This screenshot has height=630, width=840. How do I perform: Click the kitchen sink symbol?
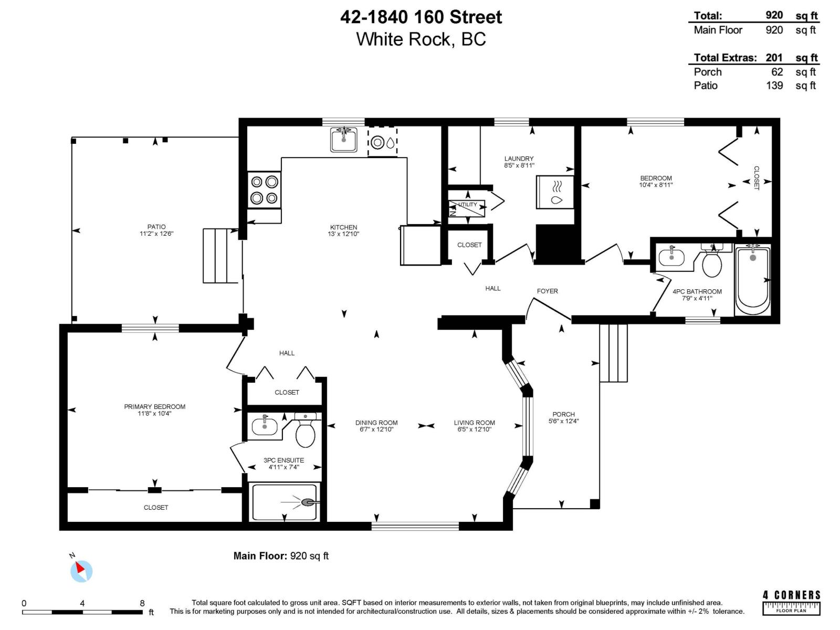point(344,140)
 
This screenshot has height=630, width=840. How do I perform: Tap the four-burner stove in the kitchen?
point(264,190)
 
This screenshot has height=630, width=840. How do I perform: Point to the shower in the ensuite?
point(284,502)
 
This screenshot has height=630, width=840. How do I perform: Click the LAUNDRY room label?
point(519,159)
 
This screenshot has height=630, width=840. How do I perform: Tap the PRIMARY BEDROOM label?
point(154,406)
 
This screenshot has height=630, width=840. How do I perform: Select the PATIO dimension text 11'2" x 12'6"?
point(156,234)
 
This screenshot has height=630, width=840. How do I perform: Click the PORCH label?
point(563,414)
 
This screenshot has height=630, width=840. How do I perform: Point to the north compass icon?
point(81,570)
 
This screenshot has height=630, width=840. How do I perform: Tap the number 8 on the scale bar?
point(142,603)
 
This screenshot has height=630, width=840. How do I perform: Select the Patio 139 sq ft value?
point(774,86)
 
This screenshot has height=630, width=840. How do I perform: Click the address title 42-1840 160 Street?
point(421,17)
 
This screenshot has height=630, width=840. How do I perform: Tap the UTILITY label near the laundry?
point(467,205)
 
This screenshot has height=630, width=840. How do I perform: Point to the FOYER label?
point(547,291)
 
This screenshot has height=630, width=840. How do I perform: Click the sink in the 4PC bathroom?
point(671,257)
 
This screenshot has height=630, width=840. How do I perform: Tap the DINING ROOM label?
point(376,423)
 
